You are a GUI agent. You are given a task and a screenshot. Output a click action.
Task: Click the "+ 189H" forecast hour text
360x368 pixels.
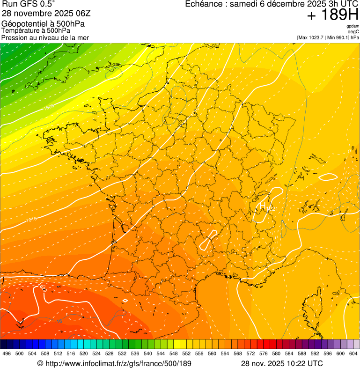[332, 15]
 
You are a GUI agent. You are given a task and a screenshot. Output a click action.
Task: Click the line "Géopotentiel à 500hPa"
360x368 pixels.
[43, 24]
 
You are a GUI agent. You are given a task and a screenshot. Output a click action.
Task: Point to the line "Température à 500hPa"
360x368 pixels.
[36, 30]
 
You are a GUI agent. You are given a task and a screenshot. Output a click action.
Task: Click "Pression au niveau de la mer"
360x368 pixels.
[45, 37]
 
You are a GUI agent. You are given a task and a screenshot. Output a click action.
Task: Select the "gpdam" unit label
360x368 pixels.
[353, 26]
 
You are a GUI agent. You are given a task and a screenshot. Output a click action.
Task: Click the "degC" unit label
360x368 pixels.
[353, 32]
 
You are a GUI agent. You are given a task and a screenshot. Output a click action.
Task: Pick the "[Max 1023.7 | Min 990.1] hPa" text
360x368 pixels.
[328, 37]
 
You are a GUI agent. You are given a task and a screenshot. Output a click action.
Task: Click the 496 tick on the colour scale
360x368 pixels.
[7, 353]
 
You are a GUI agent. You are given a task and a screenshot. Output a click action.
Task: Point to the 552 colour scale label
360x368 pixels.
[186, 353]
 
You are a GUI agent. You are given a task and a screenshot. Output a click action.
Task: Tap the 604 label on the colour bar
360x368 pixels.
[353, 353]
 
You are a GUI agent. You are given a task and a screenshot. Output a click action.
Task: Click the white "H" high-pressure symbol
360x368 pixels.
[263, 205]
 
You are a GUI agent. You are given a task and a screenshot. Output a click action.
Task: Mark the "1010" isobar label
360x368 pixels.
[31, 219]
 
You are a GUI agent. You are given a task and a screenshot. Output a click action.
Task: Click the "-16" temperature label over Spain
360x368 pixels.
[59, 322]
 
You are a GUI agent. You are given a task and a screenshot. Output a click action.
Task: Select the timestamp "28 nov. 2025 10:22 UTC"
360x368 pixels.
[281, 363]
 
